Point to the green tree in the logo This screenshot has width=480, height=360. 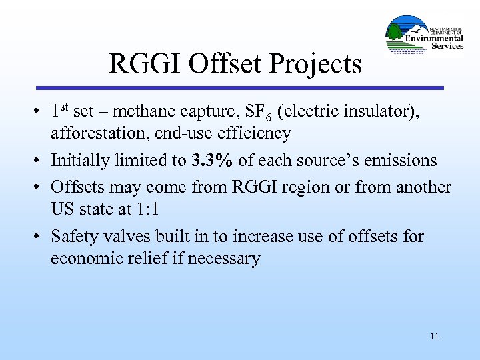(x=395, y=33)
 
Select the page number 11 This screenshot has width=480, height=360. (x=435, y=336)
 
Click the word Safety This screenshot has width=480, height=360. (x=73, y=237)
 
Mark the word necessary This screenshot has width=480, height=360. (x=223, y=259)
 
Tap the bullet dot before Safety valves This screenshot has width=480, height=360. (x=39, y=237)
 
